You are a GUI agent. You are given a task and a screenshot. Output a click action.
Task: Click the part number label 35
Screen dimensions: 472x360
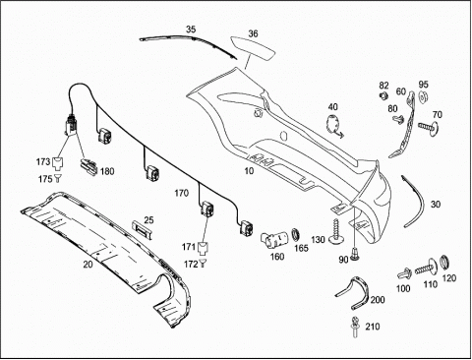pyautogui.click(x=191, y=30)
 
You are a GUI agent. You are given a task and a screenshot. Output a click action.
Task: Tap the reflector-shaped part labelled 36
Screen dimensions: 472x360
pyautogui.click(x=253, y=48)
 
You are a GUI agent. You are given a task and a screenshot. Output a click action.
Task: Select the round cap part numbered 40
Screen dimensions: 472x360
pyautogui.click(x=334, y=125)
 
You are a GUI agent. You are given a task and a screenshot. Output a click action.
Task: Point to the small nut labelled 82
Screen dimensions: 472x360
pyautogui.click(x=383, y=95)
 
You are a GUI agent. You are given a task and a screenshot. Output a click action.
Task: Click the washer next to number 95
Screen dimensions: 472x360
pyautogui.click(x=424, y=97)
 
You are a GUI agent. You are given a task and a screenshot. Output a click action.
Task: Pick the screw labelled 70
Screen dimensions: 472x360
pyautogui.click(x=429, y=126)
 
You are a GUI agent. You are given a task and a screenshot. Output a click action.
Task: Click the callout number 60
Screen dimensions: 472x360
pyautogui.click(x=401, y=91)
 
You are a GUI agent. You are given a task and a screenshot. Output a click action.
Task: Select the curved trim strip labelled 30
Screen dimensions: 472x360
pyautogui.click(x=414, y=201)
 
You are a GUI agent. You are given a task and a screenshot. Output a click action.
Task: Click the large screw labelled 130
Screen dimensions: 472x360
pyautogui.click(x=336, y=232)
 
